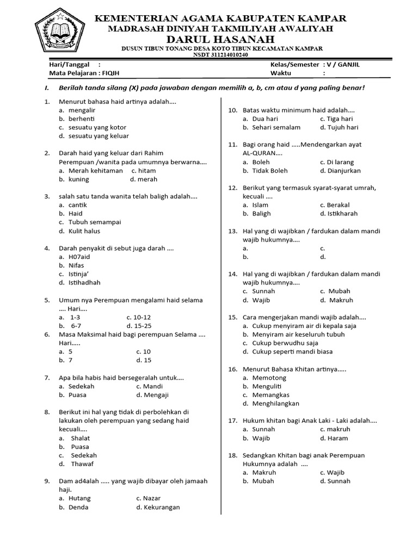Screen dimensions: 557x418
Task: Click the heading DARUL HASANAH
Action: tap(221, 39)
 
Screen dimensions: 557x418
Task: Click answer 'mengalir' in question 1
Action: tap(83, 110)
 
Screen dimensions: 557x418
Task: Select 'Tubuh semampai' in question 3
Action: tap(95, 222)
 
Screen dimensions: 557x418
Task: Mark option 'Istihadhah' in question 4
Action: tap(84, 282)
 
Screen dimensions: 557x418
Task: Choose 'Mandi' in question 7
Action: tap(153, 386)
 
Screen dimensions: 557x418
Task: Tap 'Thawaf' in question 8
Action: tap(82, 464)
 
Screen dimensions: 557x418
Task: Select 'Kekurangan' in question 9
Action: tap(162, 507)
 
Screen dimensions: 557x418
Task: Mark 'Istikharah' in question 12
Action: tap(342, 214)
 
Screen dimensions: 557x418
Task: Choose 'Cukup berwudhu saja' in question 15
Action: tap(284, 343)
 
